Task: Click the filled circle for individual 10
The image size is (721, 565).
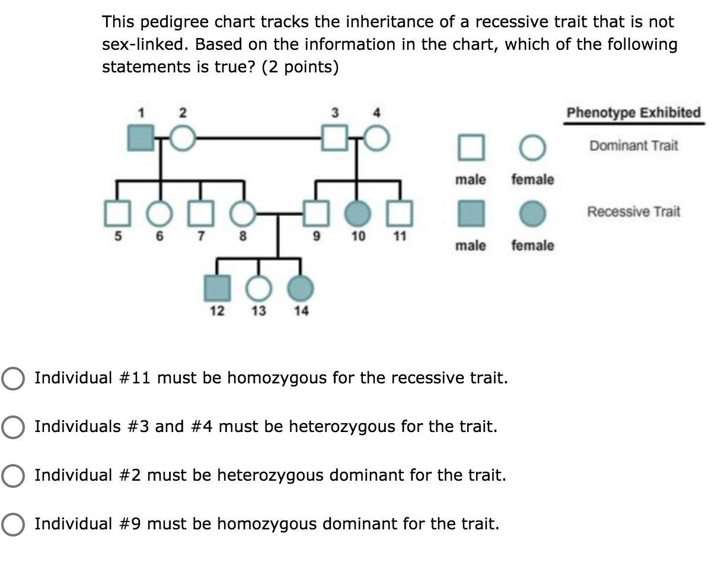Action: [358, 214]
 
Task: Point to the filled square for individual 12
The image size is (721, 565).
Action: [217, 288]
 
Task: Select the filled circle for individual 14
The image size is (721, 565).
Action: [301, 288]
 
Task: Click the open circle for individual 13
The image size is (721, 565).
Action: [257, 288]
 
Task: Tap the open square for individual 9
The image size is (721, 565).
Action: [316, 214]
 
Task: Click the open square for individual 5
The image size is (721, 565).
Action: [117, 214]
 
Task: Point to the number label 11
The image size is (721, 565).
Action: [400, 236]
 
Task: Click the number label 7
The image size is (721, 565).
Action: [201, 236]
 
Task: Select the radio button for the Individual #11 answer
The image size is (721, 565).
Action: [13, 378]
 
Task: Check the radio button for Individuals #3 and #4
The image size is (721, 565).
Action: [13, 427]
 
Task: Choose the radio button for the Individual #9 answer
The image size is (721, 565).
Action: [13, 524]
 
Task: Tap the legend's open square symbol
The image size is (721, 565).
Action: [470, 147]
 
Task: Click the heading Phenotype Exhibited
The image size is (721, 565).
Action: [633, 113]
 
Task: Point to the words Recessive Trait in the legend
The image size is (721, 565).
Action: [634, 212]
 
